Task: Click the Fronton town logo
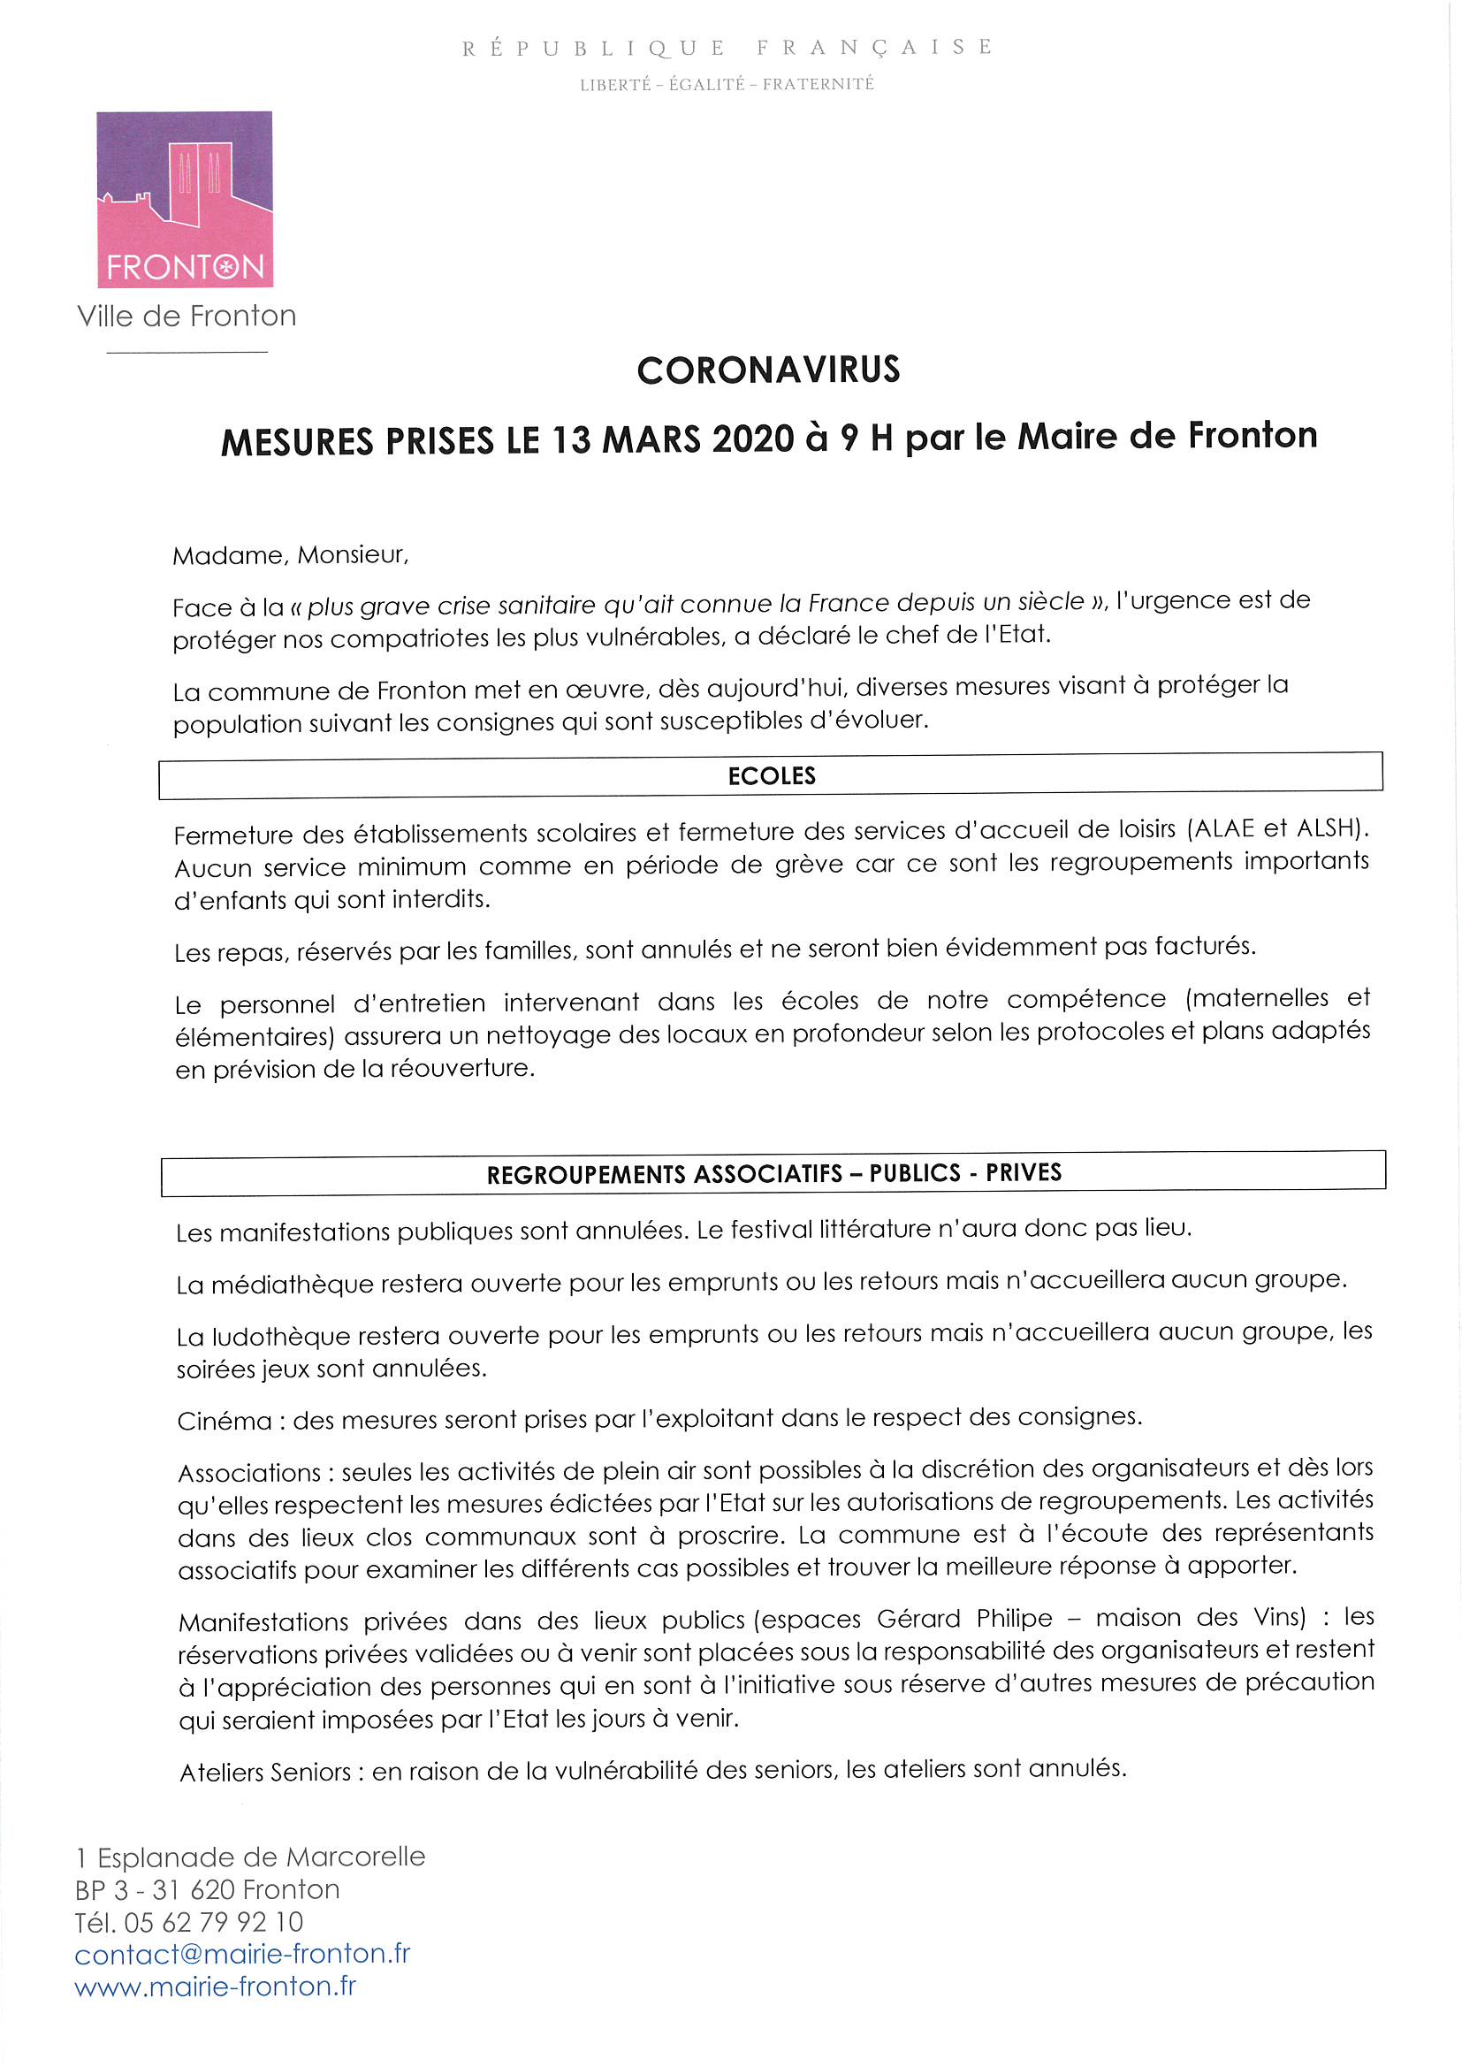coord(185,199)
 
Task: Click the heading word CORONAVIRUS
coord(768,370)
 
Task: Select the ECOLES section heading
coord(772,776)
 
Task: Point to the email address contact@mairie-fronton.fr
coord(242,1955)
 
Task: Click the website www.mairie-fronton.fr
coord(215,1987)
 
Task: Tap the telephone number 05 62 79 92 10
coord(214,1923)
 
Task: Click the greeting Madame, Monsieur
coord(290,555)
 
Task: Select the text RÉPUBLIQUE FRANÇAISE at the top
coord(727,48)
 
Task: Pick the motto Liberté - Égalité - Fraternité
coord(727,85)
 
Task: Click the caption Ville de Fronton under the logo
coord(187,316)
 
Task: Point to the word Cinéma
coord(225,1422)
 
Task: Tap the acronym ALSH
coord(1327,827)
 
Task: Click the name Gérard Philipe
coord(964,1619)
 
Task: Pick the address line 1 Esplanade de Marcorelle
coord(250,1857)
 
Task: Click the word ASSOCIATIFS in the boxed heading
coord(768,1174)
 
